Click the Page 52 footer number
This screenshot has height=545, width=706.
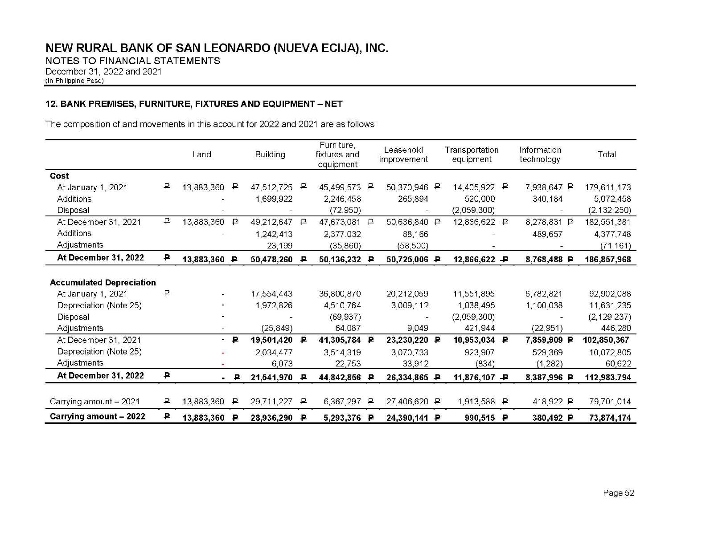coord(618,493)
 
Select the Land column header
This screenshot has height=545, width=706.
coord(201,155)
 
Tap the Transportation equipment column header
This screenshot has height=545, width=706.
coord(472,155)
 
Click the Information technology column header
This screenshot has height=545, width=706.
coord(540,155)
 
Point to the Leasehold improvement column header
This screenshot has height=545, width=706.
coord(403,155)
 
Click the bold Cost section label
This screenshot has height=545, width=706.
coord(59,176)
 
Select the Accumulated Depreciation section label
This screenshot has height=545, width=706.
coord(103,283)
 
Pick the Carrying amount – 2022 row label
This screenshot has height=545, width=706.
coord(97,417)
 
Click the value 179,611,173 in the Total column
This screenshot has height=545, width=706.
coord(607,187)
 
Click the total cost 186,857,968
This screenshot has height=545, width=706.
coord(607,260)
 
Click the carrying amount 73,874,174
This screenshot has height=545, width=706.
coord(610,418)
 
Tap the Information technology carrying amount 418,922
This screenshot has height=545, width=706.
coord(547,402)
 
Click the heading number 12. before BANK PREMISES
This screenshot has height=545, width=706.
coord(51,104)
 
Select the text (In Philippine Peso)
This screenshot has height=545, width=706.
coord(74,81)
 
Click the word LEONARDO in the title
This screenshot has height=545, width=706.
coord(237,48)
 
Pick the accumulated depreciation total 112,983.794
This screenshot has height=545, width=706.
coord(607,378)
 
